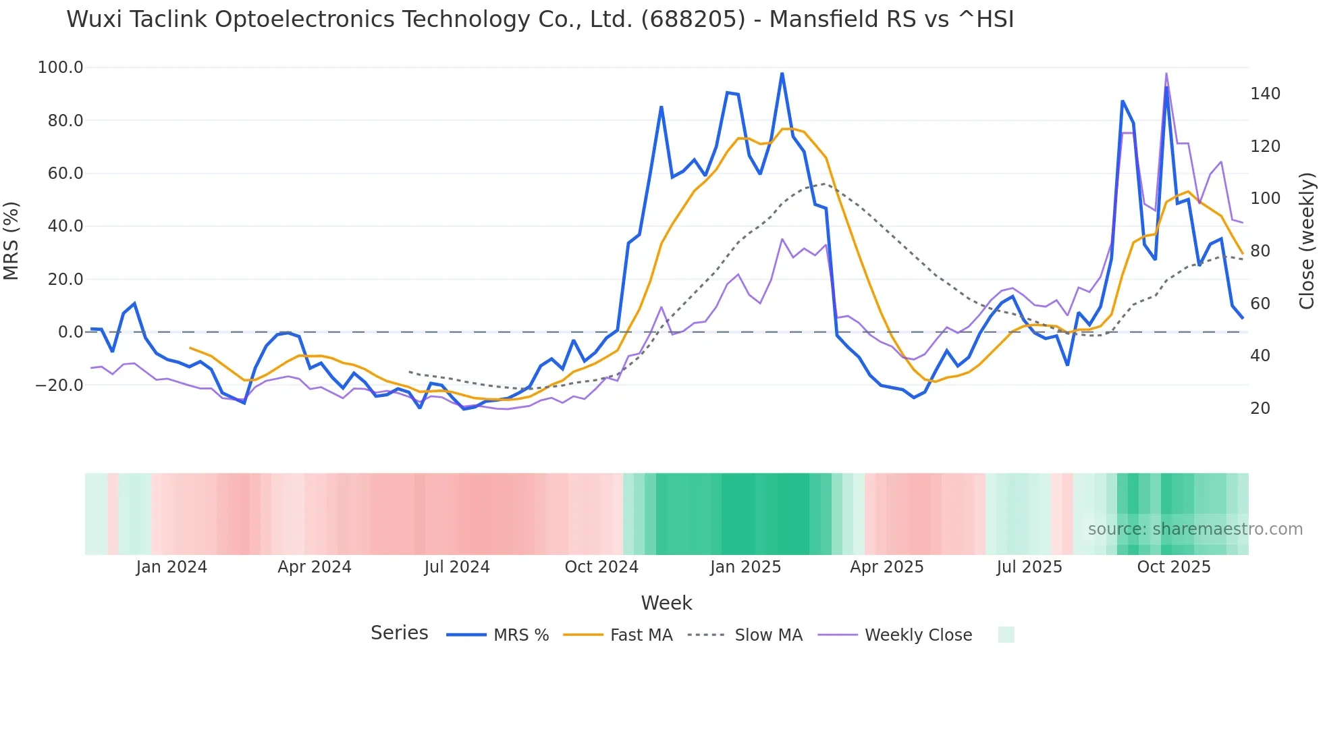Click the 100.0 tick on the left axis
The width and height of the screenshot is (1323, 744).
click(61, 68)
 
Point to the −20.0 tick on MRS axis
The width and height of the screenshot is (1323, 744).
click(59, 386)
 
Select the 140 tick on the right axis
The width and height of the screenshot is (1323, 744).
click(1265, 94)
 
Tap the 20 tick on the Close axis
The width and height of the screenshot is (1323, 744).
click(1260, 408)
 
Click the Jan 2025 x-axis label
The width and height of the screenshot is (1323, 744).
click(745, 567)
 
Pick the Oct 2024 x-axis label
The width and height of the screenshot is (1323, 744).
click(601, 567)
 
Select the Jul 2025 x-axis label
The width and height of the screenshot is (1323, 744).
click(1029, 567)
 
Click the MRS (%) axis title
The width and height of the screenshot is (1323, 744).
click(11, 241)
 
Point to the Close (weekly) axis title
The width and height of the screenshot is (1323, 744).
click(1307, 241)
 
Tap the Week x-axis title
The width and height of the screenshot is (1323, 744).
click(666, 603)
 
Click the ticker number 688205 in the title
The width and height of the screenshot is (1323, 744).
click(693, 20)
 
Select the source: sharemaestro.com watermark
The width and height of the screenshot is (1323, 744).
click(1195, 529)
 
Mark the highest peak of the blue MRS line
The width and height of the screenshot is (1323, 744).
click(782, 74)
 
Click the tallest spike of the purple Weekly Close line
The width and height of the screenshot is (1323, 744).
click(1166, 74)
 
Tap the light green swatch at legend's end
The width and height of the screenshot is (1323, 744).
click(1006, 635)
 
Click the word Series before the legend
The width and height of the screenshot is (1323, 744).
click(399, 633)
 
